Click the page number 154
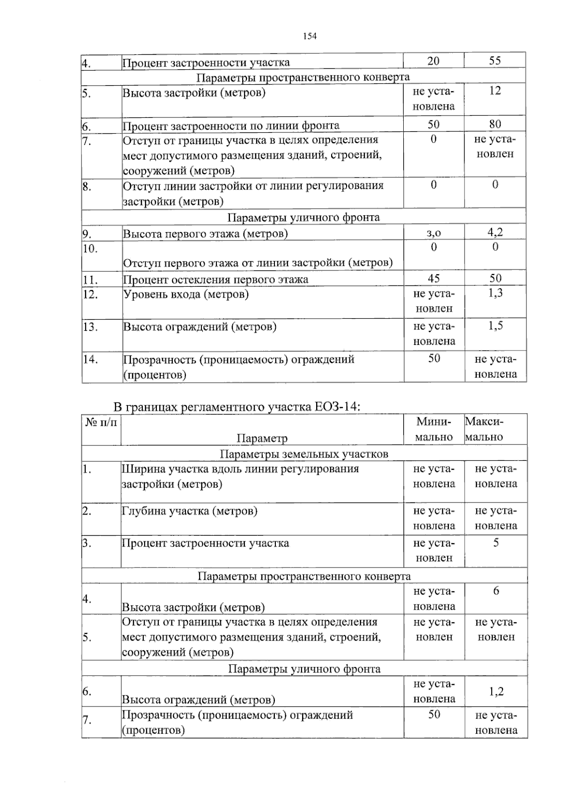310,36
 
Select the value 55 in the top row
495,61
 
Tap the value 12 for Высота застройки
495,91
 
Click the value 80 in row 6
495,124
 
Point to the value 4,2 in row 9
495,232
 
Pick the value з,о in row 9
434,233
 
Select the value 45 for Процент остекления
434,279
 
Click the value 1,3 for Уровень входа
495,293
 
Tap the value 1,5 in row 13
495,326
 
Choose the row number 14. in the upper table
90,359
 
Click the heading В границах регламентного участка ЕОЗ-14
237,407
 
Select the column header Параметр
262,438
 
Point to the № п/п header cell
101,422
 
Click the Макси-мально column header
484,430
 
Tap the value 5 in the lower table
496,543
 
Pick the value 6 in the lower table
496,591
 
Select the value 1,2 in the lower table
496,691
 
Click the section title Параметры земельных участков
304,454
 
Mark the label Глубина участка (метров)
190,511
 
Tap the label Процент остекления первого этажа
215,280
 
